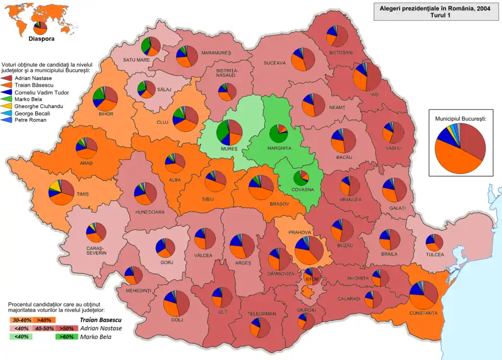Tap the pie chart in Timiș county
pyautogui.click(x=61, y=192)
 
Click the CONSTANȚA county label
pyautogui.click(x=424, y=313)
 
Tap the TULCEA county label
pyautogui.click(x=434, y=254)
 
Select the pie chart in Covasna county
pyautogui.click(x=301, y=178)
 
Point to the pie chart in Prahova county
pyautogui.click(x=309, y=250)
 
